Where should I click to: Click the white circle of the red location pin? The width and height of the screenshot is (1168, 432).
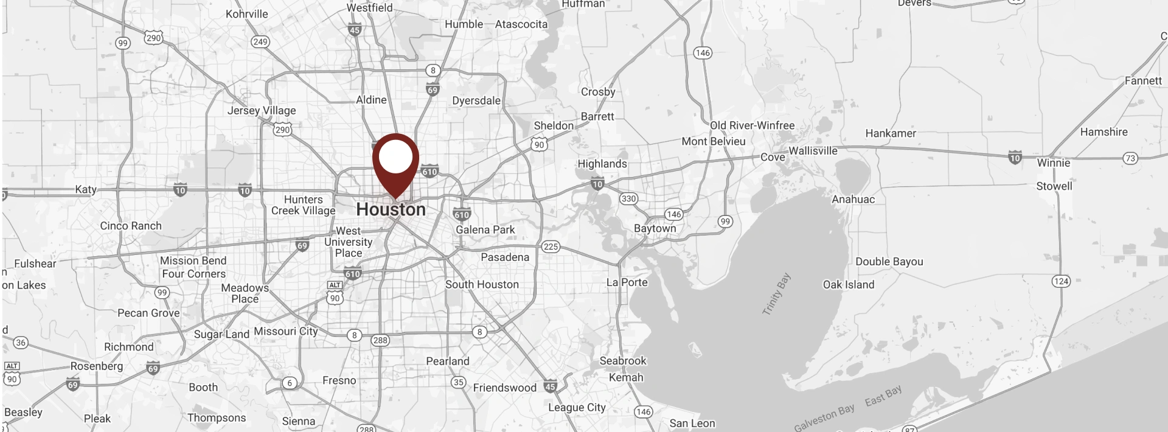[x=395, y=156]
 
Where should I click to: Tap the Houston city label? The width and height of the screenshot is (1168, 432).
[x=391, y=209]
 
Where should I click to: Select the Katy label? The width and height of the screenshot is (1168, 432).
[x=86, y=189]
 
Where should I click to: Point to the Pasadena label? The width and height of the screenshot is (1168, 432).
[x=505, y=257]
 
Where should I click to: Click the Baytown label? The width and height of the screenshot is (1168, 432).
[x=655, y=228]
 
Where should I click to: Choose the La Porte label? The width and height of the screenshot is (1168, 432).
[x=627, y=282]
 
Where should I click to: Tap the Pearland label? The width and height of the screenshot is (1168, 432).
[x=448, y=361]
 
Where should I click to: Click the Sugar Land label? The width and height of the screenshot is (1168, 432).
[x=221, y=334]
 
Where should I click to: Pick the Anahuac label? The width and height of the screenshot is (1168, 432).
[x=853, y=199]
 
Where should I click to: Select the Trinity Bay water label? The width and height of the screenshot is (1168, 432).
[x=776, y=294]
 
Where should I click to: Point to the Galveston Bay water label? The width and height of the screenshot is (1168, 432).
[x=824, y=417]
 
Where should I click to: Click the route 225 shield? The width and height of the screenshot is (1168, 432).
[x=551, y=246]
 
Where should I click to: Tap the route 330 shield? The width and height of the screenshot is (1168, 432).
[x=628, y=198]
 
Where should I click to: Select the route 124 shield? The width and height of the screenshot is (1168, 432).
[x=1061, y=281]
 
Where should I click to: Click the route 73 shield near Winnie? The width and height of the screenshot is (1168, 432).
[x=1130, y=158]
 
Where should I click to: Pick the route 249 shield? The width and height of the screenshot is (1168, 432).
[x=260, y=42]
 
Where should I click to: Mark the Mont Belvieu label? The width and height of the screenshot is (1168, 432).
[x=713, y=141]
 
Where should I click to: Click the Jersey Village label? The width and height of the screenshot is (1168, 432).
[x=262, y=110]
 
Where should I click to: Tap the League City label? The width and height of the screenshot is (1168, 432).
[x=577, y=407]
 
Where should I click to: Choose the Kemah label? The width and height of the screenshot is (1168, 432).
[x=626, y=377]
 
